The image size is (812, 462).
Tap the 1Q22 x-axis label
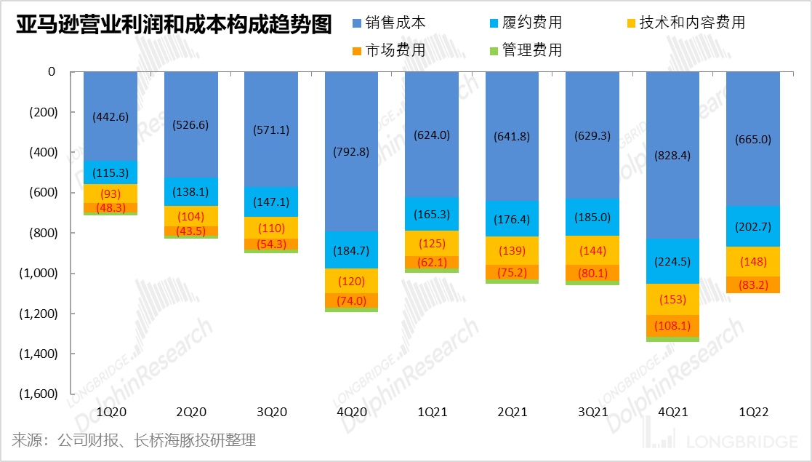[x=753, y=412]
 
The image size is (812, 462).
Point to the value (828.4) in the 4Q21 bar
[x=673, y=155]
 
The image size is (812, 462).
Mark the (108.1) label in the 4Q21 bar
[x=673, y=326]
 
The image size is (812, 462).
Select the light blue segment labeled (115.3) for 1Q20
[x=111, y=172]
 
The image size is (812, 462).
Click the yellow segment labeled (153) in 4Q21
[x=673, y=299]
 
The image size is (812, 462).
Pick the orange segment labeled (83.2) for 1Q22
[x=753, y=284]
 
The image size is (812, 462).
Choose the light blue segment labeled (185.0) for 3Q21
[x=593, y=216]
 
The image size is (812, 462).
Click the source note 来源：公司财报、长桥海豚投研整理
[x=134, y=440]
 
